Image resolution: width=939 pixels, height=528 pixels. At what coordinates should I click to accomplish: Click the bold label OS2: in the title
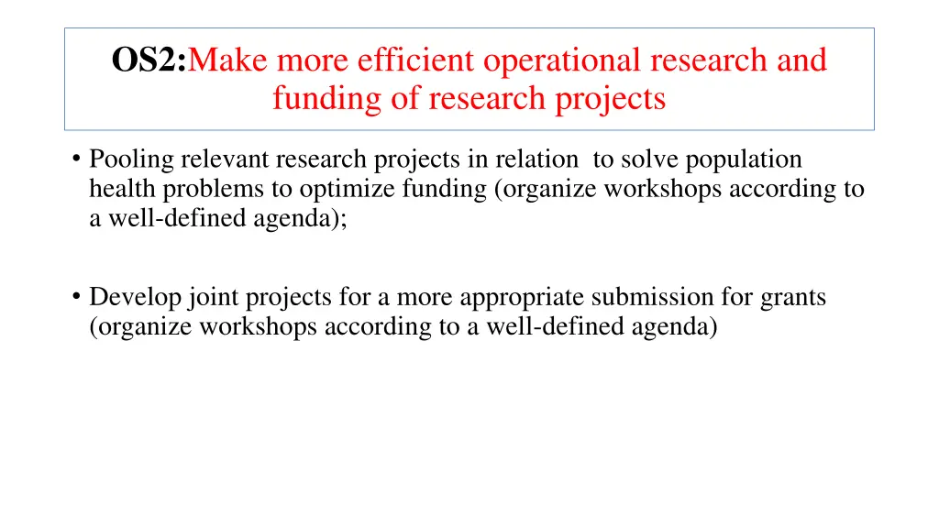pyautogui.click(x=149, y=60)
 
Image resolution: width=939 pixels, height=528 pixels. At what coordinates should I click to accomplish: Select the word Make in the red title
pyautogui.click(x=228, y=60)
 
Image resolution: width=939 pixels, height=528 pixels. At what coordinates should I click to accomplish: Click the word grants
pyautogui.click(x=793, y=297)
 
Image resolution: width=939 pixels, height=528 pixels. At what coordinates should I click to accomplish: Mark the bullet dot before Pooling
pyautogui.click(x=74, y=159)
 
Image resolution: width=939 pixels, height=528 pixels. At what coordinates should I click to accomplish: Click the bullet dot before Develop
pyautogui.click(x=74, y=297)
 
